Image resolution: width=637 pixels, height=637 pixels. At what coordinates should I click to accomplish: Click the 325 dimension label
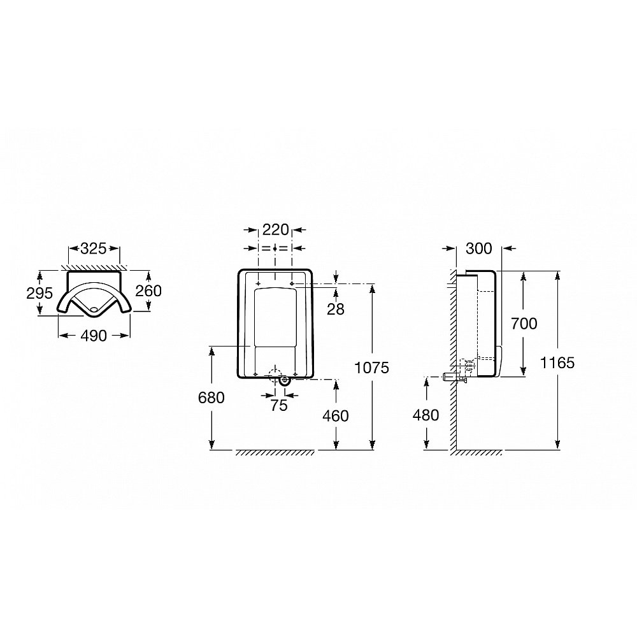pos(94,249)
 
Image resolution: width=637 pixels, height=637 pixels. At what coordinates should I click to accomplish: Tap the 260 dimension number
pos(149,290)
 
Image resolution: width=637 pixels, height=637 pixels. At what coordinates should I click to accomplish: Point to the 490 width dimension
pos(94,336)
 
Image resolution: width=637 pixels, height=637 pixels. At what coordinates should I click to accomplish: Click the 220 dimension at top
pos(275,230)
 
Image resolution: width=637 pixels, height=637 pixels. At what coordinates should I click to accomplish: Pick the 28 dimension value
pos(336,309)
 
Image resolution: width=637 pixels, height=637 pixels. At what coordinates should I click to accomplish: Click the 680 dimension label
pos(211,397)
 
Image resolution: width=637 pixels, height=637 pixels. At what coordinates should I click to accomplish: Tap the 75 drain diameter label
pos(279,406)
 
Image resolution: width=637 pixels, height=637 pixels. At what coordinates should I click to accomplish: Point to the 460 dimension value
pos(336,416)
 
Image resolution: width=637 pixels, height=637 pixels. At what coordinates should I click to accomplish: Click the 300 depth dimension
pos(480,247)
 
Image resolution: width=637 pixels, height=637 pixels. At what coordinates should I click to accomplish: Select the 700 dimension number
pos(523,324)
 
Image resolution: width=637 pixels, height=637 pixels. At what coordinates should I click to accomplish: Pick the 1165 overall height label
pos(557,362)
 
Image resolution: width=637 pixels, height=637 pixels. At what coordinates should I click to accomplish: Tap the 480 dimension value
pos(426,415)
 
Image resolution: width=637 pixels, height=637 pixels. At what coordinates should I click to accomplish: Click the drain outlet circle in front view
pos(283,380)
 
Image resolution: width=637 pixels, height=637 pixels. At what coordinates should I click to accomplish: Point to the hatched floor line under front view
pos(274,453)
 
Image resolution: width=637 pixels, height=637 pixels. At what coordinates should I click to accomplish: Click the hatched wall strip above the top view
pos(94,265)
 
